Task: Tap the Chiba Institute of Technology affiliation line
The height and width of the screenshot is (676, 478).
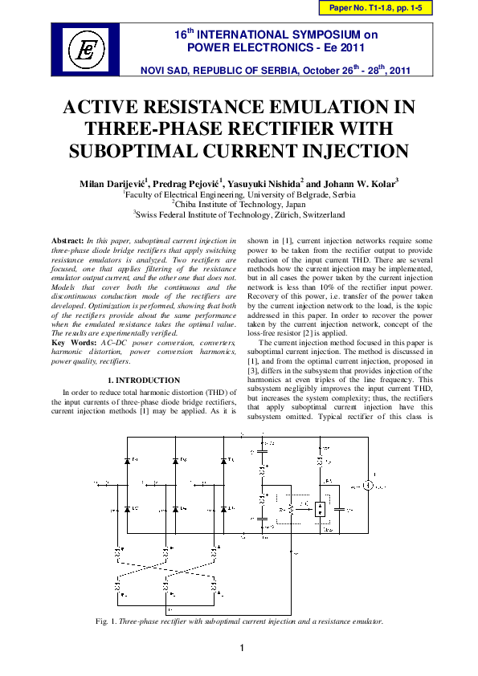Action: [x=239, y=205]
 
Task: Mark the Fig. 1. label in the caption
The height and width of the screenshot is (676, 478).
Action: [x=105, y=621]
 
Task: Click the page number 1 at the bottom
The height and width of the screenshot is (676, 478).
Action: [x=239, y=648]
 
